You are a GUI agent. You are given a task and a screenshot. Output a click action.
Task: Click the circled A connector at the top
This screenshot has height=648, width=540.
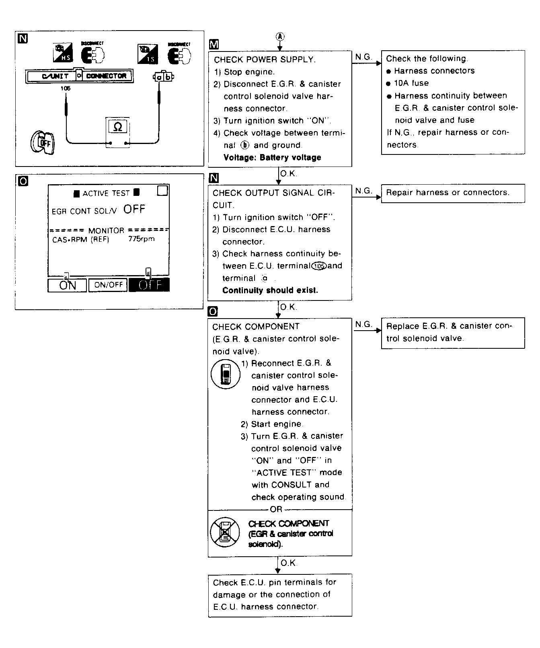(x=280, y=37)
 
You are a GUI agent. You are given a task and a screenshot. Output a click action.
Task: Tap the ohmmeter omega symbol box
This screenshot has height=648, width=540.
(x=117, y=127)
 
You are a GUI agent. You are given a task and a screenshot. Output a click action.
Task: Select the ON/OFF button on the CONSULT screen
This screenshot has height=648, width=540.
(x=108, y=285)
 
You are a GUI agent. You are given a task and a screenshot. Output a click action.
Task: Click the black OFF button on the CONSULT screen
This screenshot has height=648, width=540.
(x=149, y=285)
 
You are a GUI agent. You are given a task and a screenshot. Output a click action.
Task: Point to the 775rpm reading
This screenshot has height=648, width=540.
(x=141, y=239)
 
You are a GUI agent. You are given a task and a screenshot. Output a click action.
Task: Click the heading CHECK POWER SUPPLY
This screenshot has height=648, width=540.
(x=264, y=60)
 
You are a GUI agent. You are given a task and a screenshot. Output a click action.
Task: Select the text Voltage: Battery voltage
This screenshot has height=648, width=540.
(x=272, y=158)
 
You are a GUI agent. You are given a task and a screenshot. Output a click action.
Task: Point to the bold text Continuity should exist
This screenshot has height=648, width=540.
(x=270, y=290)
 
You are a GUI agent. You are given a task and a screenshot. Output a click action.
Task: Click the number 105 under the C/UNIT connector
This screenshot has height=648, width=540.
(x=65, y=88)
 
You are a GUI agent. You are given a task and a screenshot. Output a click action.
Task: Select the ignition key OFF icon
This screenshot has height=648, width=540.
(x=42, y=142)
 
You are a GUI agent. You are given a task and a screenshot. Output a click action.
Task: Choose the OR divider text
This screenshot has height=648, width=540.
(x=276, y=509)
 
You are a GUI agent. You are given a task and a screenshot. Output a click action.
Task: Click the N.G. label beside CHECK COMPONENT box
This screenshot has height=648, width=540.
(x=363, y=324)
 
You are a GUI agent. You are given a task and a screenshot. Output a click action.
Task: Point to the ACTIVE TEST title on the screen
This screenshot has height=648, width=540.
(x=106, y=193)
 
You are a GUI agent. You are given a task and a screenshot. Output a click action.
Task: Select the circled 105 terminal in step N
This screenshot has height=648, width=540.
(x=320, y=266)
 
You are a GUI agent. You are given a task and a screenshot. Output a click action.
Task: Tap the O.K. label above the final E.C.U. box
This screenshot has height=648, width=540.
(x=288, y=563)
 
